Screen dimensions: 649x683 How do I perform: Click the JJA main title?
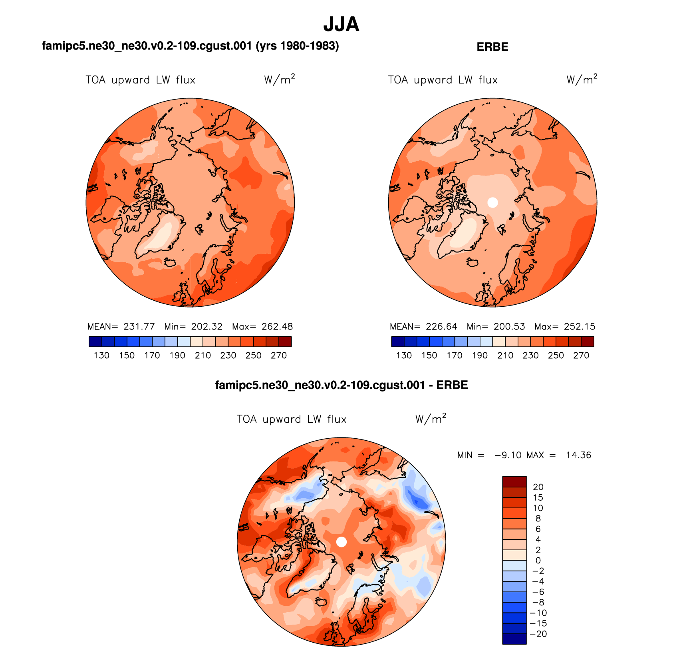(341, 24)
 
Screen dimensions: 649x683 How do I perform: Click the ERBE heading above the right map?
(492, 47)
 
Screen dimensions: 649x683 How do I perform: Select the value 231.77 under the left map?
(139, 327)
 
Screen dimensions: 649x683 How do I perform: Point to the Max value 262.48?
(277, 327)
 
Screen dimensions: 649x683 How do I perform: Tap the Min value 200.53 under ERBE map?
(509, 327)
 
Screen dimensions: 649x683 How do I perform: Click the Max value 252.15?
(580, 327)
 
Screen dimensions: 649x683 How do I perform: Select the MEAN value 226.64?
(441, 327)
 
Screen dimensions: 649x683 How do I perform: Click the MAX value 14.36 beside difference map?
(578, 455)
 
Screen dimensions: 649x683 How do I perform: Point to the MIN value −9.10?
(508, 455)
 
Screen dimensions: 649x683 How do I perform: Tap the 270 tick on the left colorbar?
(279, 355)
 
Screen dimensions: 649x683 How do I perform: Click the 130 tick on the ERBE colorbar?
(404, 355)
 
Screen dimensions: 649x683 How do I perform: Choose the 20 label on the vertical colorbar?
(538, 487)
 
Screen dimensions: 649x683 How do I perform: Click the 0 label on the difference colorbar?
(538, 561)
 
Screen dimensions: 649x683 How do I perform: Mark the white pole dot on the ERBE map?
(493, 202)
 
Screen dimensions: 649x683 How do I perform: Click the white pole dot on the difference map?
(341, 542)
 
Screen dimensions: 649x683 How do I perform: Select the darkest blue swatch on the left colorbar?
(95, 341)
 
